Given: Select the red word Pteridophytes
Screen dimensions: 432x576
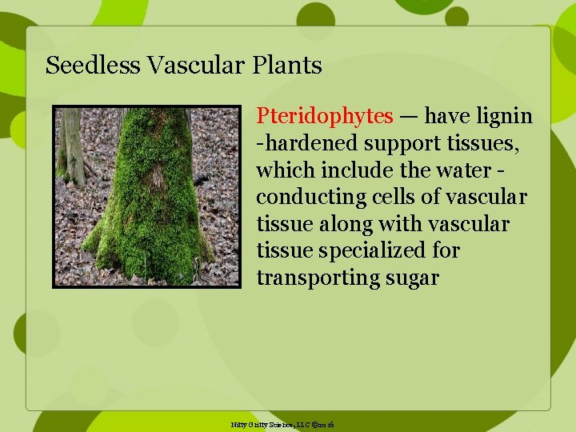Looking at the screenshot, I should (325, 117).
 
